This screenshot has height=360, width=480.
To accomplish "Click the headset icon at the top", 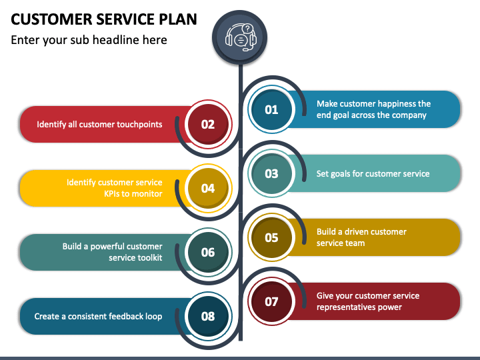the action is (241, 37).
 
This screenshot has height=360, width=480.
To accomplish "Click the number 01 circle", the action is (271, 109).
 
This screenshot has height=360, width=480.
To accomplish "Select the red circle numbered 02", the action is (208, 124).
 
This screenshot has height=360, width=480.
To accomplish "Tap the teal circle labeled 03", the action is (271, 173).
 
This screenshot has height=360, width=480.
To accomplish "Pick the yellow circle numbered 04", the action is (208, 188).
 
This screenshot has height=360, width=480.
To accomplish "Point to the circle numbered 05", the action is (271, 237).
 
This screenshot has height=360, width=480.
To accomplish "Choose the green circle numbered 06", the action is (208, 252).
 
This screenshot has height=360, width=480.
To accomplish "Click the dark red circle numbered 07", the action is (271, 301).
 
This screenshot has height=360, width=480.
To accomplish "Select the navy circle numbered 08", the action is (208, 316).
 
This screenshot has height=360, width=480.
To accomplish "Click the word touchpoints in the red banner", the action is (142, 125).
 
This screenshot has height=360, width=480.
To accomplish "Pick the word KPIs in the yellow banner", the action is (113, 194).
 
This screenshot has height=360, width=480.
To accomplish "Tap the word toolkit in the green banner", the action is (150, 258).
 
